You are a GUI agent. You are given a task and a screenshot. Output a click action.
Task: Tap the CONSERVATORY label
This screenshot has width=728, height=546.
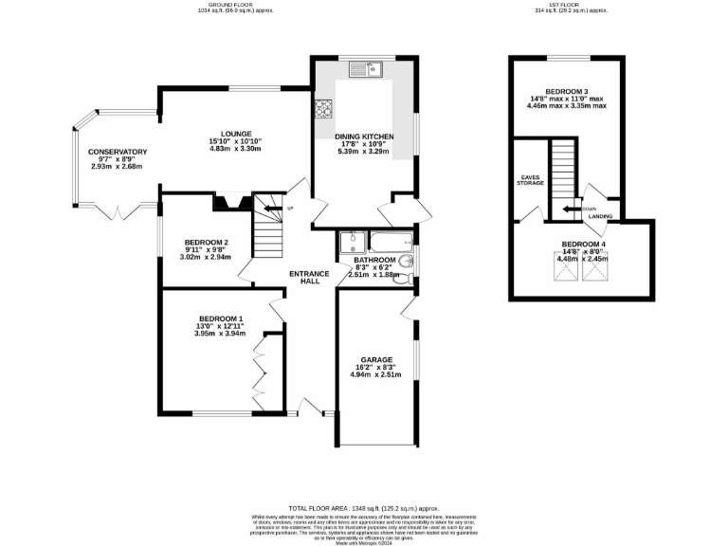tap(118, 152)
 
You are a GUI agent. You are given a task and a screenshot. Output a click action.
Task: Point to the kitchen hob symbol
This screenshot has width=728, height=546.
tap(321, 108)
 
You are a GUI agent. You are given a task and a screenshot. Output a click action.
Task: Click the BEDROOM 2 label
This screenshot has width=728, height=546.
tap(207, 241)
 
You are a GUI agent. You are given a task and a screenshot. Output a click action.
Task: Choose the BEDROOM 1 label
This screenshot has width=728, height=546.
tap(220, 318)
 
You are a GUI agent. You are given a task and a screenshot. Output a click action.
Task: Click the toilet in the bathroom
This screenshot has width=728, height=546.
tap(405, 280)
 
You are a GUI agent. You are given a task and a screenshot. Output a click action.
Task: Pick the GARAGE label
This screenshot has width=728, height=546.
tap(373, 361)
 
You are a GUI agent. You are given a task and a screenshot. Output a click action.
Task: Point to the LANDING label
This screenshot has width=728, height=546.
tap(599, 217)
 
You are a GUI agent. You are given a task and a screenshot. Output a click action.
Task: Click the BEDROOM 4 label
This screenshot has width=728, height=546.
tap(582, 244)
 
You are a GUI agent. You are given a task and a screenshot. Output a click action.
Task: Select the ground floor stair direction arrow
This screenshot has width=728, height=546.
tap(274, 209)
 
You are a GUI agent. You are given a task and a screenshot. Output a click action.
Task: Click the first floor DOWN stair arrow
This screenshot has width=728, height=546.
tap(572, 209)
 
